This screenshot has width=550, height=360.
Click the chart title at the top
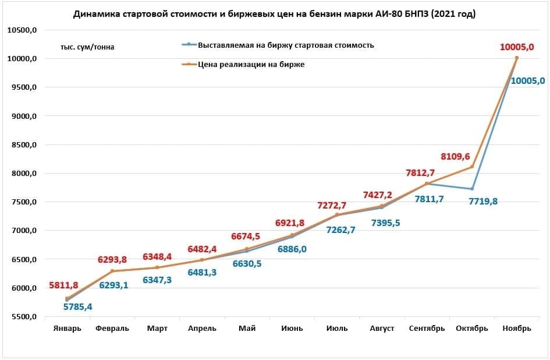[x=274, y=15]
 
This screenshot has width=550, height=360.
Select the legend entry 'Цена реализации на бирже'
[x=251, y=65]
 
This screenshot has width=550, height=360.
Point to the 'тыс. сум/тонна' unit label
[x=87, y=47]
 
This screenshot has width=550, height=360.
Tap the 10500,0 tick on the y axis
[x=22, y=30]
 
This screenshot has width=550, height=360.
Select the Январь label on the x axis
[x=68, y=329]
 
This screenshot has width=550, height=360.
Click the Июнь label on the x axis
[x=292, y=329]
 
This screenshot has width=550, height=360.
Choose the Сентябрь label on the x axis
[x=427, y=329]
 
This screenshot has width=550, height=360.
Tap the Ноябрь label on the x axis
[x=516, y=329]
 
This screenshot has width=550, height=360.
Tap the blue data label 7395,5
[x=389, y=223]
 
